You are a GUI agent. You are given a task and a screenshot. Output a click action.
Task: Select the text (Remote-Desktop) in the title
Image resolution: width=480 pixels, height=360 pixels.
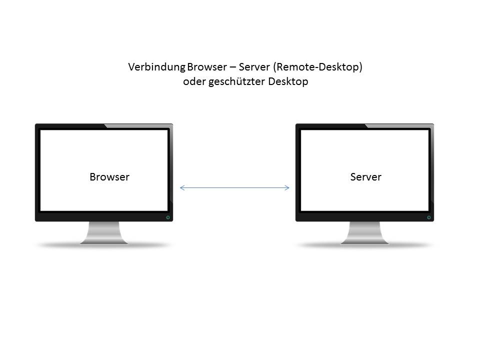(x=317, y=67)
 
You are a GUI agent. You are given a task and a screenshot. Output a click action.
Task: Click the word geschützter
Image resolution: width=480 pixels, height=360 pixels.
(x=236, y=82)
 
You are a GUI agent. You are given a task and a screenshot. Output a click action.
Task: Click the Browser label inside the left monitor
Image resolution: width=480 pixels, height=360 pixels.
(x=109, y=177)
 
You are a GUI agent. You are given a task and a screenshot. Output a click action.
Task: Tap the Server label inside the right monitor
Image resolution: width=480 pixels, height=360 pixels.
(x=366, y=177)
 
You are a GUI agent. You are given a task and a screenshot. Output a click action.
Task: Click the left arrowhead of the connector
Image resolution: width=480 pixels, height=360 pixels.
(x=181, y=188)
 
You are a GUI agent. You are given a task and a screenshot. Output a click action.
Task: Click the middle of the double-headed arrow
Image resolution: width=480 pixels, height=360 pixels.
(x=234, y=188)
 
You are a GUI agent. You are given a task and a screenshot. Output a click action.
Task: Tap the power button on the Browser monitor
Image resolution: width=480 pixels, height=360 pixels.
(x=168, y=217)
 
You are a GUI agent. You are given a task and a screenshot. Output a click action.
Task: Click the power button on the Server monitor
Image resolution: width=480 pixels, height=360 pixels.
(x=429, y=217)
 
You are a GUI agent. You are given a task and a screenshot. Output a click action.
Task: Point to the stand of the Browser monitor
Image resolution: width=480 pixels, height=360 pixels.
(x=104, y=232)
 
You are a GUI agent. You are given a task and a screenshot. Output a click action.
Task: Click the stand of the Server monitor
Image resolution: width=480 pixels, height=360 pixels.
(x=364, y=232)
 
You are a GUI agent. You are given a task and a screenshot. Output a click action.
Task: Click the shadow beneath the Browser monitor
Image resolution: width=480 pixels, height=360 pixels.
(x=104, y=245)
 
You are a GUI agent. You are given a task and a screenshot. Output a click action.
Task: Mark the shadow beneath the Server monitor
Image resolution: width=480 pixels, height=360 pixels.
(x=364, y=245)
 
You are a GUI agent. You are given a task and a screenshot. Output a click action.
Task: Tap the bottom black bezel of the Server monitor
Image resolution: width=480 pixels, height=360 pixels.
(x=364, y=217)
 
